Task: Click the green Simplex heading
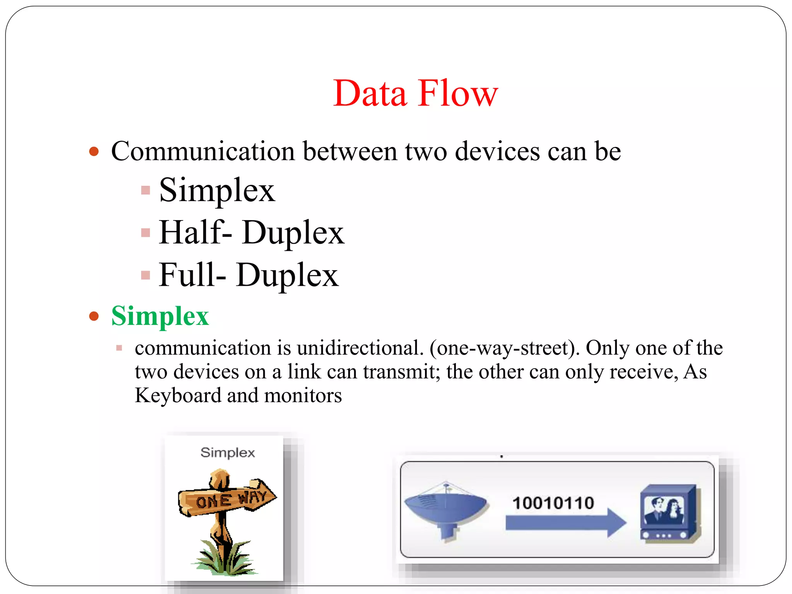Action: coord(160,316)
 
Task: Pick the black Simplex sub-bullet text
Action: coord(217,190)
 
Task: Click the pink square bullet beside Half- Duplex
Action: coord(145,232)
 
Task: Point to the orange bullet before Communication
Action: coord(94,151)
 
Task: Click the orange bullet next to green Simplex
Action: coord(94,316)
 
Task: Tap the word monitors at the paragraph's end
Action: coord(303,396)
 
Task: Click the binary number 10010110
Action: coord(553,503)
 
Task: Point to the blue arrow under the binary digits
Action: coord(565,523)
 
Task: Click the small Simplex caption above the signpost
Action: coord(227,452)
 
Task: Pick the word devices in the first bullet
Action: coord(497,151)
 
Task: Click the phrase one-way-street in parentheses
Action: coord(503,348)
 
